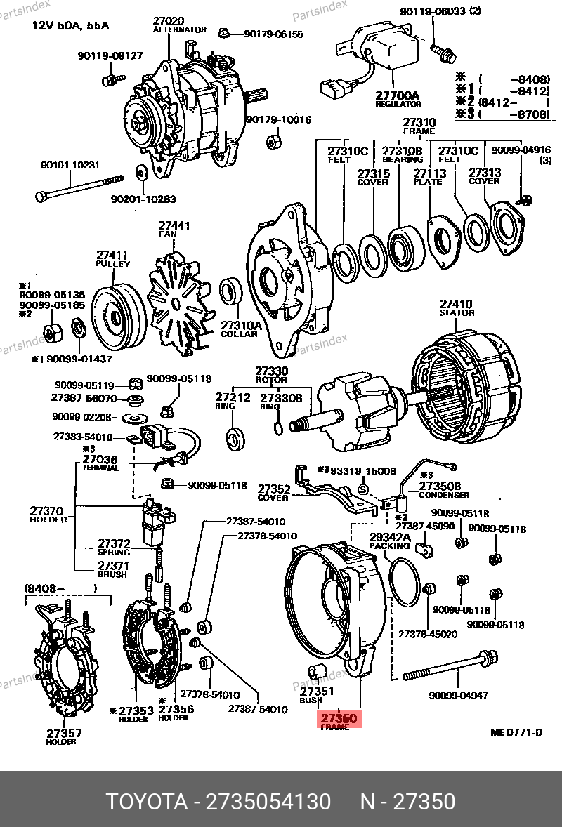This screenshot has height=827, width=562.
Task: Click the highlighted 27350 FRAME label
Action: pyautogui.click(x=340, y=722)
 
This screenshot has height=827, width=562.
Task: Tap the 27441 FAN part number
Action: pyautogui.click(x=174, y=226)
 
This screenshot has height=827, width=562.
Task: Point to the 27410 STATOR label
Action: pyautogui.click(x=457, y=308)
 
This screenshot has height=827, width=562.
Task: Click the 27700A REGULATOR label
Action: pyautogui.click(x=397, y=98)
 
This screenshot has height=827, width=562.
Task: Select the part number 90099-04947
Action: pyautogui.click(x=457, y=696)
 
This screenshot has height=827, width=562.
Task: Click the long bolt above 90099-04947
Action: pyautogui.click(x=450, y=668)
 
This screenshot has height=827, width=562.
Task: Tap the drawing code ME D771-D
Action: pyautogui.click(x=516, y=732)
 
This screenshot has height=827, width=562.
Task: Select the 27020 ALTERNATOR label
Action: pyautogui.click(x=180, y=25)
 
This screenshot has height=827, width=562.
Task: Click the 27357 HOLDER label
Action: pyautogui.click(x=64, y=736)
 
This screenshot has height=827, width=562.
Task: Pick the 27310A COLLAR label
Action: pyautogui.click(x=241, y=329)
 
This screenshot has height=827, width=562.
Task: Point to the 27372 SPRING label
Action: pyautogui.click(x=114, y=547)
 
